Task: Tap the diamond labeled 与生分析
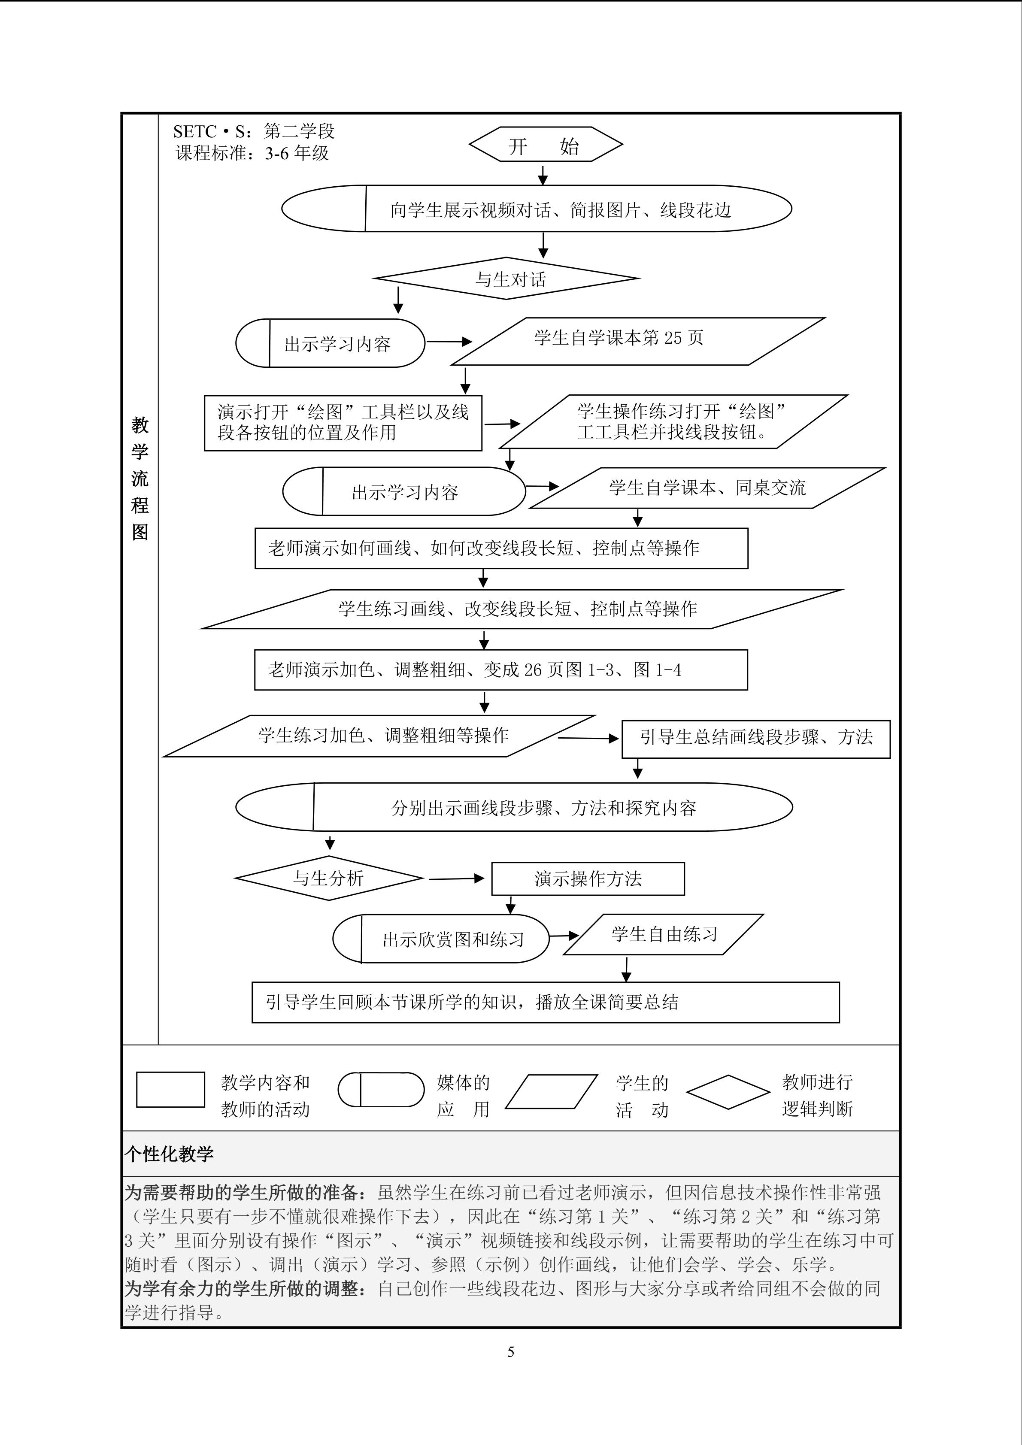[328, 878]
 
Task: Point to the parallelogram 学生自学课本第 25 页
[637, 341]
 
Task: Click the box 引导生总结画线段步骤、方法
[756, 738]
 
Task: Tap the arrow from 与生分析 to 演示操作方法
[456, 879]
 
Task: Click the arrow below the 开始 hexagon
[543, 174]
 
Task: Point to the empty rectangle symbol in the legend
[170, 1089]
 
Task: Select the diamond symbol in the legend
[728, 1092]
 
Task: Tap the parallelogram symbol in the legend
[551, 1092]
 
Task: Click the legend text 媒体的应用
[463, 1096]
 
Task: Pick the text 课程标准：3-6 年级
[252, 153]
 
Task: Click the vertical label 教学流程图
[140, 479]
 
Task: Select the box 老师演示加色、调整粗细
[501, 670]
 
